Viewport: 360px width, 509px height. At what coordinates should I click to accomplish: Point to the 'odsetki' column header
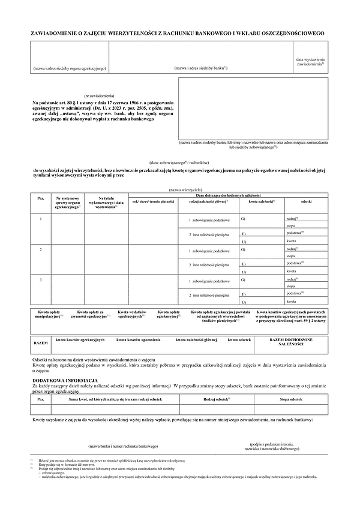click(x=306, y=202)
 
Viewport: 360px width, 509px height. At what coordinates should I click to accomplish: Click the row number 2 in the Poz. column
click(x=40, y=248)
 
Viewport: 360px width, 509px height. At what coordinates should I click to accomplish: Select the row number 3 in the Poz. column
click(x=40, y=279)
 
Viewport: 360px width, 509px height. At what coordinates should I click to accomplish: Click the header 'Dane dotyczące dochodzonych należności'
click(x=230, y=195)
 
